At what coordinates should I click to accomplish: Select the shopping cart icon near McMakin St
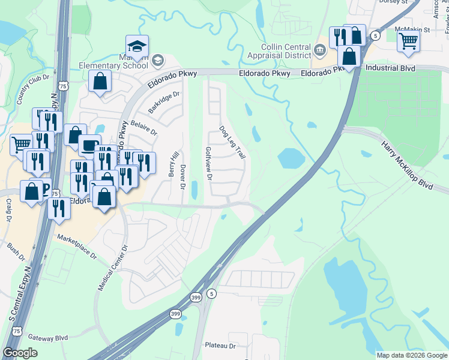(x=408, y=41)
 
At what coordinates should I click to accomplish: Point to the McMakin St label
(x=413, y=29)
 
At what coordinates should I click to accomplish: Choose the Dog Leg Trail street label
(x=232, y=142)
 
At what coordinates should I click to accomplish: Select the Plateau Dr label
(x=220, y=346)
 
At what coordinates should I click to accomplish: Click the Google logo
(x=20, y=353)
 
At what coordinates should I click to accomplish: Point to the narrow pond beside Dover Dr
(x=194, y=190)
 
